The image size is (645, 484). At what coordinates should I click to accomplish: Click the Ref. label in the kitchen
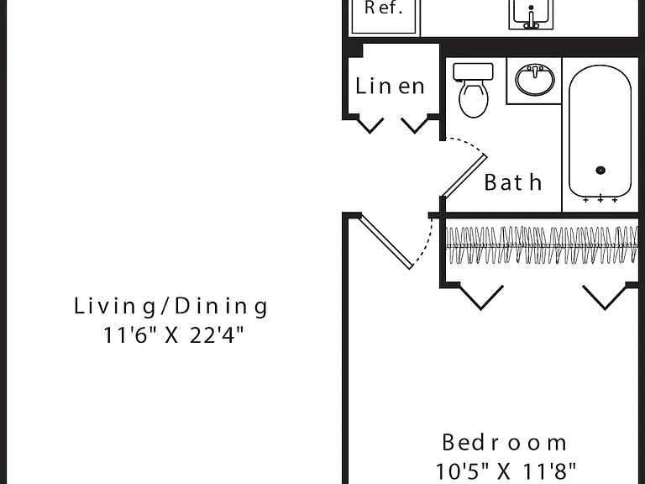point(383,8)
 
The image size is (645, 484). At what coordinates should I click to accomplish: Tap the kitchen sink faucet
point(531,18)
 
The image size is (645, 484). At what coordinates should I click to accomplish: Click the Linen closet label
point(390,86)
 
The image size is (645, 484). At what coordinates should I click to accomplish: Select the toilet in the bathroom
point(473,90)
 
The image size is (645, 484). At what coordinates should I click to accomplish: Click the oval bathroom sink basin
point(534,80)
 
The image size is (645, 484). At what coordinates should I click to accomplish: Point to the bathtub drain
point(600,170)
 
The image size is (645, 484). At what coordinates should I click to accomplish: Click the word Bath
point(512,181)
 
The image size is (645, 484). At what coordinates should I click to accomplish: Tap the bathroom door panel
point(464,176)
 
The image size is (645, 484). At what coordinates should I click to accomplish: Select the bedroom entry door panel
point(386,242)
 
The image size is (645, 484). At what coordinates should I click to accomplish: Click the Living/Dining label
point(170,307)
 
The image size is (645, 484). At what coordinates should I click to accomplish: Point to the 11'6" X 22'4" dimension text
point(173,335)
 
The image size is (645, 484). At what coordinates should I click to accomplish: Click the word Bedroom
point(504,443)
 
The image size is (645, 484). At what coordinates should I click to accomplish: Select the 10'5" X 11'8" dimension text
point(506,471)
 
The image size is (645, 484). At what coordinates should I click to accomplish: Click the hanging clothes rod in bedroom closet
point(543,245)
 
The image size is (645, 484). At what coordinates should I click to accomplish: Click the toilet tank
point(473,71)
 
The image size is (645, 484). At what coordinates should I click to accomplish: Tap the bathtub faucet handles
point(600,200)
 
